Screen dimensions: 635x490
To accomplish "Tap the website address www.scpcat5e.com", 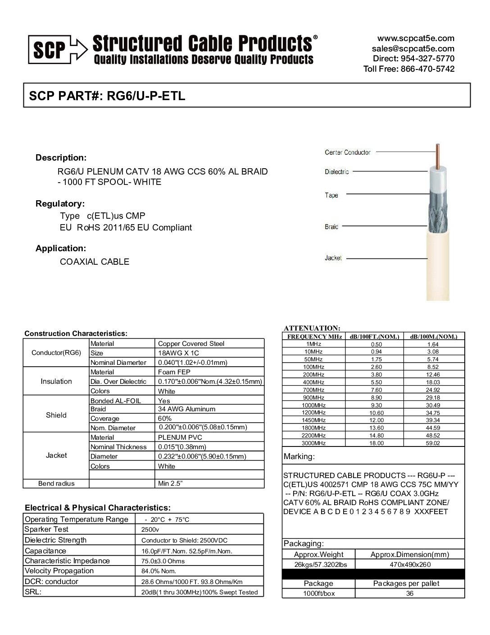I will pos(416,38).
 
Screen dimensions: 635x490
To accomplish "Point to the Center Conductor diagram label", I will pos(347,152).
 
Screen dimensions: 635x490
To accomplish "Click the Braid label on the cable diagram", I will pos(331,227).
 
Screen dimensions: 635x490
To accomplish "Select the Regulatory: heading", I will pos(60,204).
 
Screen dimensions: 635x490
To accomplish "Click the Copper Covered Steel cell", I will pos(191,344).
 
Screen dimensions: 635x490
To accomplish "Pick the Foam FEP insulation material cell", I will pos(174,372).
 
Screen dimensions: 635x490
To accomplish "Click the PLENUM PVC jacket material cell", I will pos(180,437).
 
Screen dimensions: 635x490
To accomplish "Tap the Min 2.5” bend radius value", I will pos(170,483).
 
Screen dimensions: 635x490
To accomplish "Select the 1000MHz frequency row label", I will pos(313,405).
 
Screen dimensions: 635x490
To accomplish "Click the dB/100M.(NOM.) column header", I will pos(433,336).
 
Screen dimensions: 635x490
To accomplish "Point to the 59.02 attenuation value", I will pos(433,443).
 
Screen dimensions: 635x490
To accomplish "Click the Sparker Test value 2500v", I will pos(150,530).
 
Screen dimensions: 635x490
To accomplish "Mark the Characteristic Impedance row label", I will pos(67,561).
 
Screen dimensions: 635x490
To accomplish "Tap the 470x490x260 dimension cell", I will pos(409,565).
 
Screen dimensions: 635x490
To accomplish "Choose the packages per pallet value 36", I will pos(409,594).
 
